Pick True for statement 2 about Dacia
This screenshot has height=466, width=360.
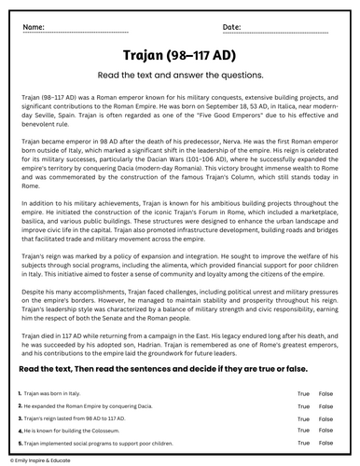(303, 407)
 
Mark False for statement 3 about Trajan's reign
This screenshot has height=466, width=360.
(325, 420)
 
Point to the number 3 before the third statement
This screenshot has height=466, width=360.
(20, 420)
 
